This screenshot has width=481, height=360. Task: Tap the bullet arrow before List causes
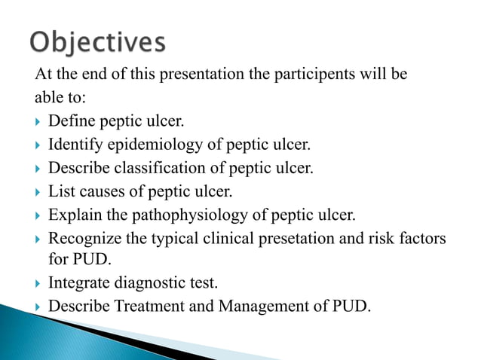pyautogui.click(x=38, y=192)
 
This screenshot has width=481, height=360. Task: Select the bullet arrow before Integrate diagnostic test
pyautogui.click(x=38, y=284)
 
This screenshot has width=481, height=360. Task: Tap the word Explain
pyautogui.click(x=72, y=215)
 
